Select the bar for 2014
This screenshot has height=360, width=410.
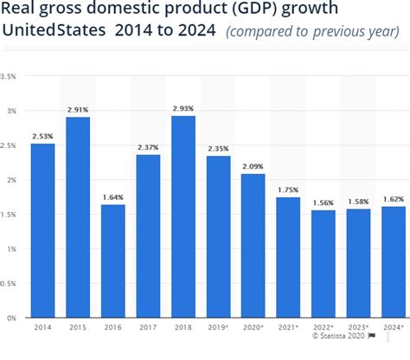43,230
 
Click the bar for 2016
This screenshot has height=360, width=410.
113,261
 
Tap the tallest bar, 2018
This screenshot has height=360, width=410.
183,216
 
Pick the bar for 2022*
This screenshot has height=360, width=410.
324,264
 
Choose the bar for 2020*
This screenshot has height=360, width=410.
253,246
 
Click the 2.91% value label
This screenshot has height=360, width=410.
78,110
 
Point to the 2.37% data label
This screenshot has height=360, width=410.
148,147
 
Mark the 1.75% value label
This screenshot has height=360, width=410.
288,190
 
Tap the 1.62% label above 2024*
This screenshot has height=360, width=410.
394,199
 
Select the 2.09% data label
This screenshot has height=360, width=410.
253,166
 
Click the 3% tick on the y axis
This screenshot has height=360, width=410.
11,111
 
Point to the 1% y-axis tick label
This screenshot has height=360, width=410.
11,249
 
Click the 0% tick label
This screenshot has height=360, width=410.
11,318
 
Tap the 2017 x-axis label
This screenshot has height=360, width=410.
148,327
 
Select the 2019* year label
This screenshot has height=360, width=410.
218,327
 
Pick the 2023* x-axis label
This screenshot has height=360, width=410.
358,327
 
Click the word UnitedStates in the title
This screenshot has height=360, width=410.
54,30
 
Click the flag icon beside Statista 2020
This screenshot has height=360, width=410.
372,336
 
